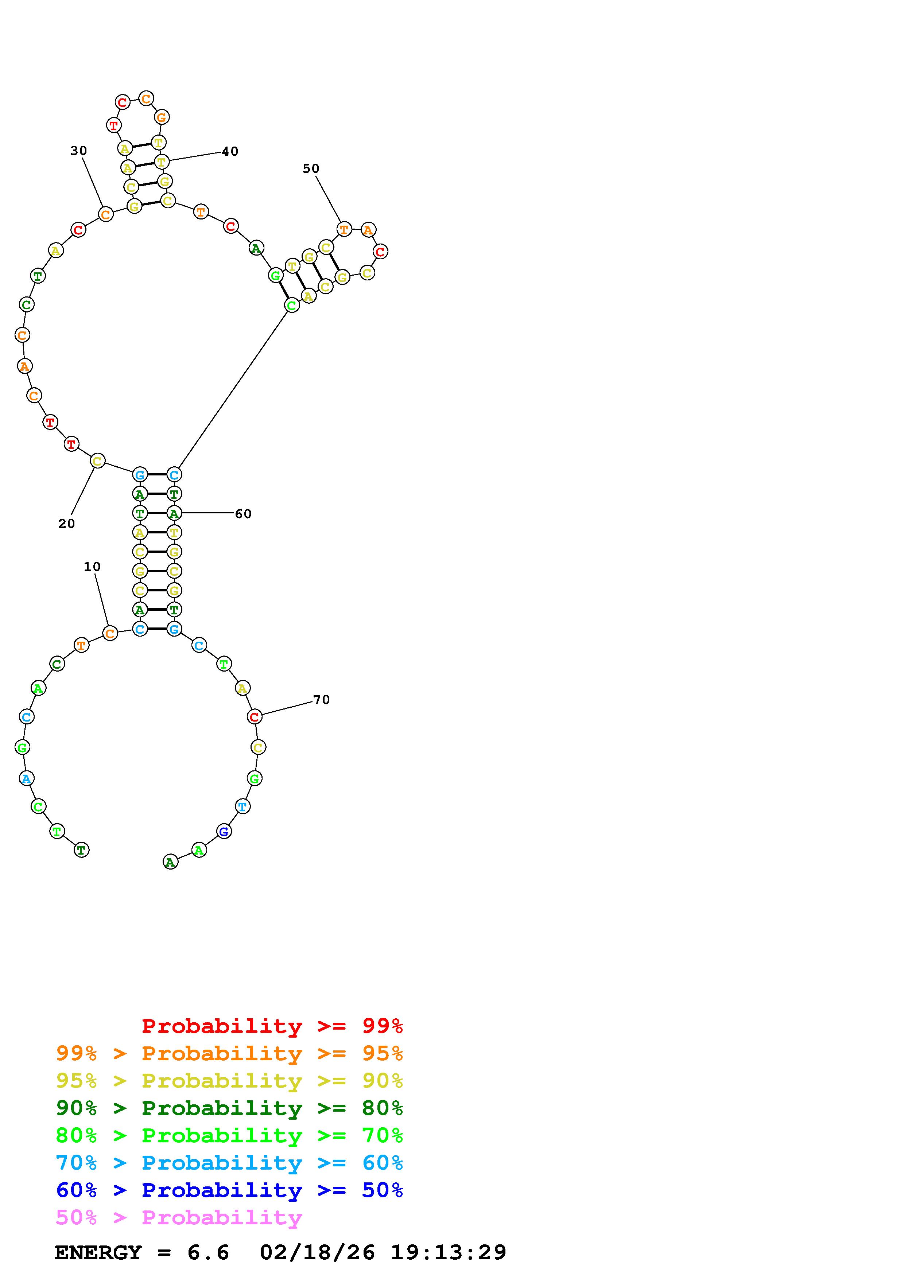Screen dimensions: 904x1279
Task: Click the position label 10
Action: click(92, 567)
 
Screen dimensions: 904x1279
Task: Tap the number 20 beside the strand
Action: click(66, 524)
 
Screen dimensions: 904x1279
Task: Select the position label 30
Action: click(78, 151)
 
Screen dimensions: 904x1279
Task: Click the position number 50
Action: click(311, 168)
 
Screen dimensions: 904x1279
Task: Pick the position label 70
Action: click(321, 700)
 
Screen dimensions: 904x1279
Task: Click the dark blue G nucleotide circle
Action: click(223, 832)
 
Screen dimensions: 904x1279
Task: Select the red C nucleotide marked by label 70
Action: click(255, 717)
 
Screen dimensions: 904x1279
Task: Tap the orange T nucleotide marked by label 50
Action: click(344, 229)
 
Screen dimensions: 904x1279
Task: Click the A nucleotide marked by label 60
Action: click(174, 513)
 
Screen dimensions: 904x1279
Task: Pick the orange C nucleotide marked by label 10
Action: click(110, 633)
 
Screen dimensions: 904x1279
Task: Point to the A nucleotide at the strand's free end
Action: click(170, 862)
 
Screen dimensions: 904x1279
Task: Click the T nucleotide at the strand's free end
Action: click(81, 850)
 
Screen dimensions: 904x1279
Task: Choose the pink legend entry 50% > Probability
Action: click(179, 1217)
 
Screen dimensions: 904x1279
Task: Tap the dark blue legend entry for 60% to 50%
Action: click(229, 1190)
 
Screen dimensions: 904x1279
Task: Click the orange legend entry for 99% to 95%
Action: click(229, 1053)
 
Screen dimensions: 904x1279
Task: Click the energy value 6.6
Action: click(208, 1252)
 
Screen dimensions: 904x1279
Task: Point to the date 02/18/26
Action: click(317, 1252)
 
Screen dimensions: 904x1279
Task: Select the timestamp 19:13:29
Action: click(449, 1252)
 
